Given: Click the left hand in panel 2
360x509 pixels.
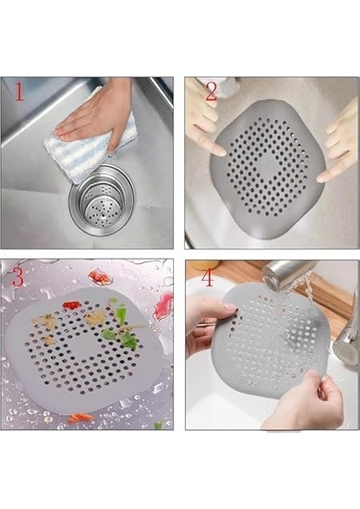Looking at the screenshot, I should pos(204,124).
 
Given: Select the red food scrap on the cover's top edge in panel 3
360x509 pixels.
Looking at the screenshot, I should pos(71,305).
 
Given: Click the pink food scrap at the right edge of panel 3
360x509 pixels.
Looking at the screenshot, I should pos(162,306).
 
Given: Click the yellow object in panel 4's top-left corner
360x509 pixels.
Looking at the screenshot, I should pos(203,265).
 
